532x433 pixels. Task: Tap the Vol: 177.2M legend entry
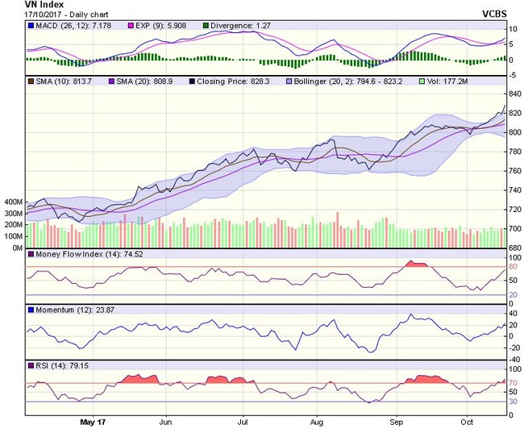452,81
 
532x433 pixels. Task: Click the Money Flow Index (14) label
77,256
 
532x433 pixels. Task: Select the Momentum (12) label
64,310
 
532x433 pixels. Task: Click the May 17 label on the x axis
94,421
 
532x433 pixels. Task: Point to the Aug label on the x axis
317,421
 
